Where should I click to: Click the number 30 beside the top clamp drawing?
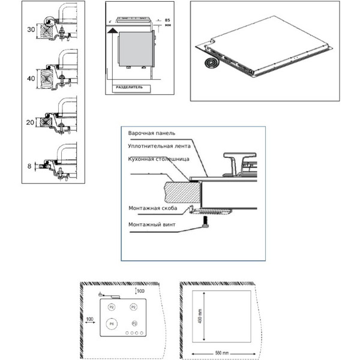pos(31,29)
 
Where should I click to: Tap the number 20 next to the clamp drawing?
pos(31,123)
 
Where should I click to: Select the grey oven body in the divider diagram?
pos(136,49)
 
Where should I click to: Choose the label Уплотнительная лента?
pos(158,146)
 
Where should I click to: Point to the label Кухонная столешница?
pos(159,159)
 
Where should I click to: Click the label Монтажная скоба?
pos(152,209)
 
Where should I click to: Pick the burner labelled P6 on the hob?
pos(110,325)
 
